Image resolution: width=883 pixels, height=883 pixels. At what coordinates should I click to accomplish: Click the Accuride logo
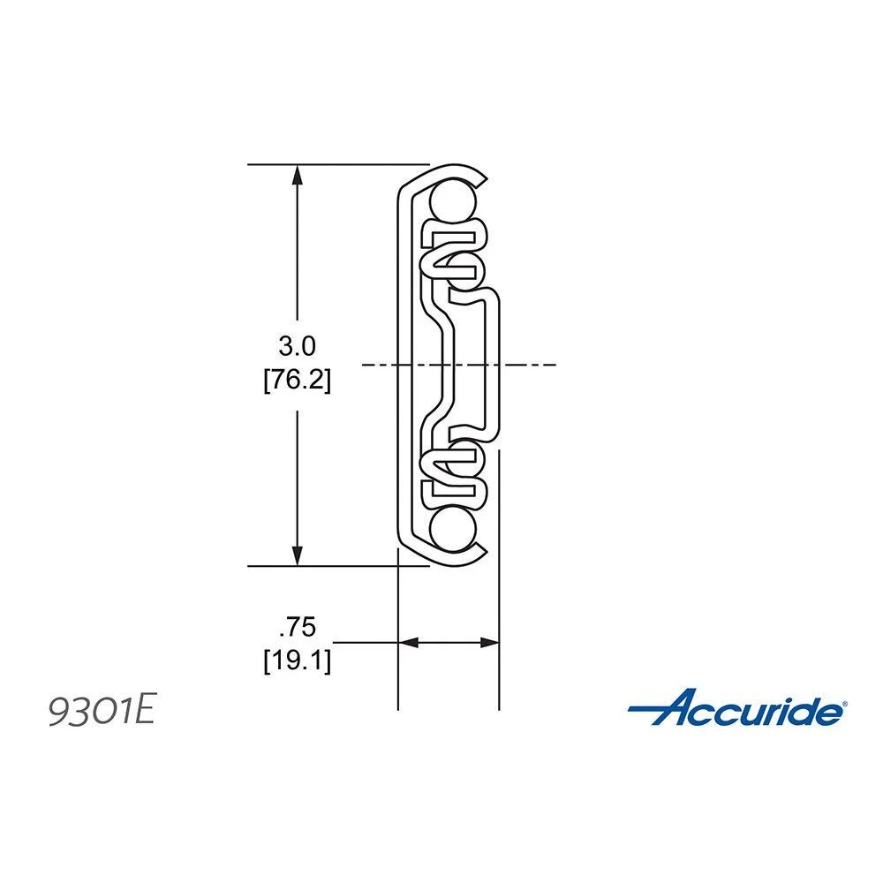(x=737, y=709)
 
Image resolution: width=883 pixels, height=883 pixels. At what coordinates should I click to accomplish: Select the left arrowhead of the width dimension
(x=407, y=643)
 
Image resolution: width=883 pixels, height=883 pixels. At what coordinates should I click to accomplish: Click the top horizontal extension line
(x=336, y=164)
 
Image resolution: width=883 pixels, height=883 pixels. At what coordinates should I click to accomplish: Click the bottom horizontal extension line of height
(x=336, y=566)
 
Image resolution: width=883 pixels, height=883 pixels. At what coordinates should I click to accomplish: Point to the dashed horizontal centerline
(x=530, y=364)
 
